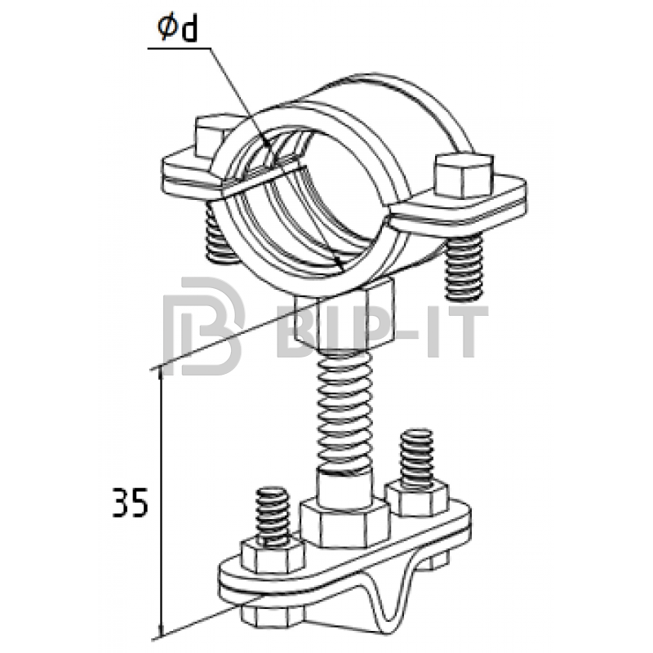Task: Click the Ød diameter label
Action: [x=178, y=29]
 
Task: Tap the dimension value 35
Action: [x=131, y=502]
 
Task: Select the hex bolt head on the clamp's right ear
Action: [x=463, y=175]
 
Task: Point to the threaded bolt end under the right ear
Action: [x=464, y=268]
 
